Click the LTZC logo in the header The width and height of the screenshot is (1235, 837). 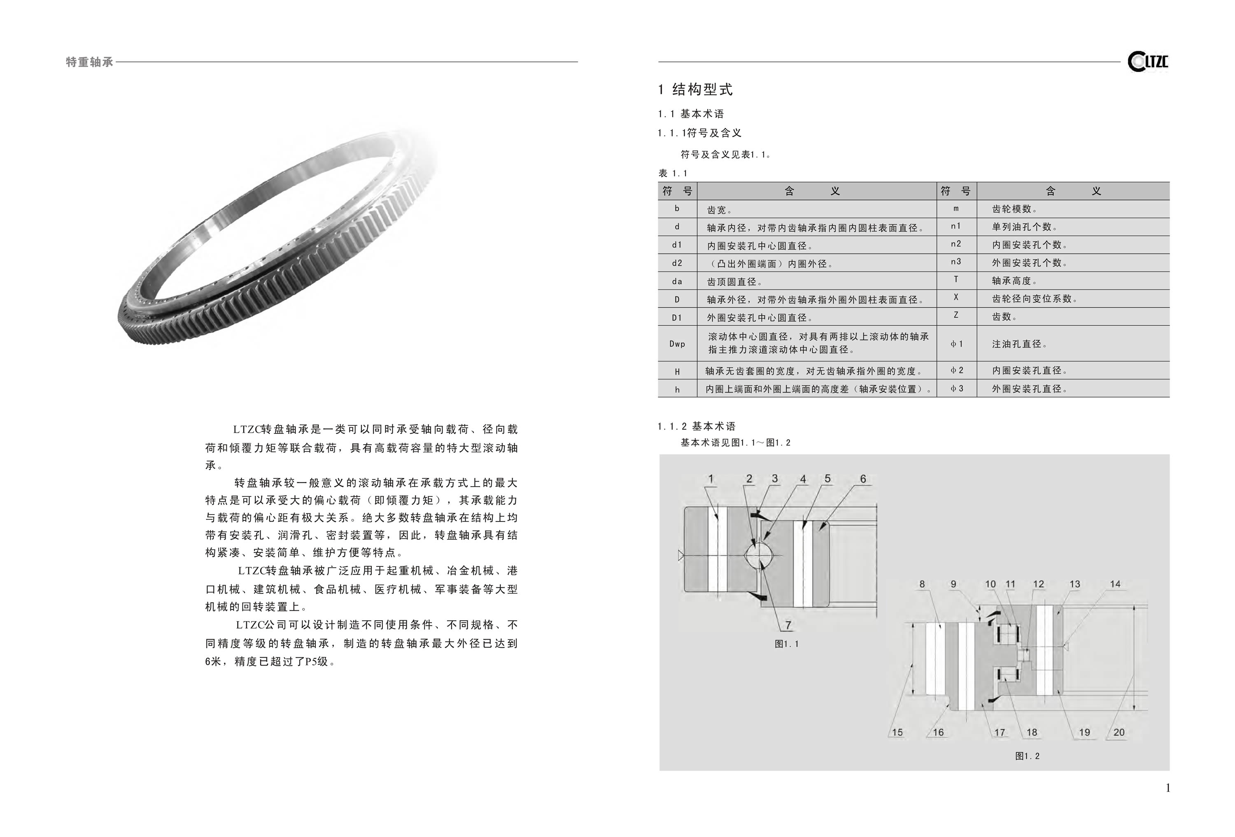(1147, 62)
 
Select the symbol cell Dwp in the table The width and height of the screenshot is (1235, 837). (677, 343)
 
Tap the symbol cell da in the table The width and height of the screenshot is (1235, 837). (677, 281)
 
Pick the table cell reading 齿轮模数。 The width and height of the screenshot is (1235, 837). (1014, 209)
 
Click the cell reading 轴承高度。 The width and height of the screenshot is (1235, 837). (1014, 281)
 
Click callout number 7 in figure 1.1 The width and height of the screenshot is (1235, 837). (788, 625)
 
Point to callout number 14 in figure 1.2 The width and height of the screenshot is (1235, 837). (1115, 584)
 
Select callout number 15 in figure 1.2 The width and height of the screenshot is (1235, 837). (897, 733)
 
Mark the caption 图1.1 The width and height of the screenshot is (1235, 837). (786, 644)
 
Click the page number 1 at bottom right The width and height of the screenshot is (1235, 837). (1167, 788)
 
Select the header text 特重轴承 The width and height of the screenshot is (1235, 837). (89, 62)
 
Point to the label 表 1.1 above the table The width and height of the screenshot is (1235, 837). (673, 174)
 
